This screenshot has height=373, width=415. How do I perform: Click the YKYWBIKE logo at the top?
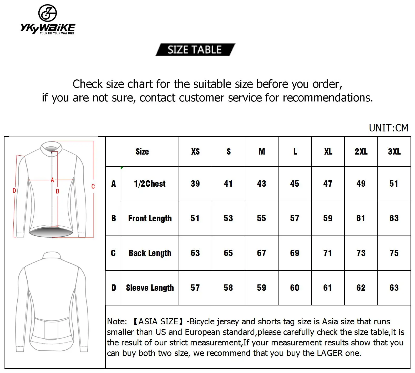click(x=48, y=20)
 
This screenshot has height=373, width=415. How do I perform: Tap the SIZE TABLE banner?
click(x=195, y=50)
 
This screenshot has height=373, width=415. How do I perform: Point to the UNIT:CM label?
click(x=388, y=128)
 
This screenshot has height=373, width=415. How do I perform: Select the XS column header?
click(x=195, y=152)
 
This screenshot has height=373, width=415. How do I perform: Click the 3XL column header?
click(x=394, y=152)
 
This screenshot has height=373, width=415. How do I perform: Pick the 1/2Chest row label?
click(x=150, y=184)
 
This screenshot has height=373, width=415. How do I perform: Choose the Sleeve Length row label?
click(x=150, y=288)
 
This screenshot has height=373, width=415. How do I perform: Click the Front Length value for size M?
click(x=261, y=218)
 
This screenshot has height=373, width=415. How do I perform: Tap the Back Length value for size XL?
click(x=328, y=253)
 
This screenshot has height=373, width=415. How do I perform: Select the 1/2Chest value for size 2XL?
click(x=361, y=184)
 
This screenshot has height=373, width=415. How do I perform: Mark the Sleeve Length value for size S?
click(x=228, y=288)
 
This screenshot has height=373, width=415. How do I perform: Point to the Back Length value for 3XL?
click(x=394, y=253)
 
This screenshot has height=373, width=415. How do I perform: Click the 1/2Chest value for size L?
click(x=295, y=184)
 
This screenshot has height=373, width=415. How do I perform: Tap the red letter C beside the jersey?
click(x=93, y=187)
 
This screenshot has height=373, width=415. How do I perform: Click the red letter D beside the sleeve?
click(x=14, y=191)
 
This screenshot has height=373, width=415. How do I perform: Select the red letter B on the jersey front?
click(x=58, y=192)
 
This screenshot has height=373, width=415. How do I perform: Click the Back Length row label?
click(x=150, y=253)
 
